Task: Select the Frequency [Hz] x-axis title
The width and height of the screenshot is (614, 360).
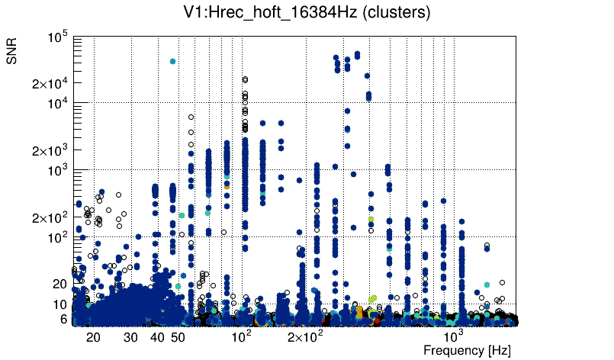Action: [467, 350]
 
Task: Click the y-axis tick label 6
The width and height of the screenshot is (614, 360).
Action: [65, 320]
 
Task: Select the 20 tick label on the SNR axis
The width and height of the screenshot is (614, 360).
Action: [61, 284]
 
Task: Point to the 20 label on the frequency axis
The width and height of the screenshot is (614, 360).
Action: [93, 337]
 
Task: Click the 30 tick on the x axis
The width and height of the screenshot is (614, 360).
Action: [130, 337]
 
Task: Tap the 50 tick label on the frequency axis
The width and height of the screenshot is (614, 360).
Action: [178, 337]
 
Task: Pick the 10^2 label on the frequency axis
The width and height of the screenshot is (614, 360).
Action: [241, 336]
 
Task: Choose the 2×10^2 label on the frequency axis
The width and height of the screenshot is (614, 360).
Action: [304, 336]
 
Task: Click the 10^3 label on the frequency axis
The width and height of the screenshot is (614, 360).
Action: [454, 336]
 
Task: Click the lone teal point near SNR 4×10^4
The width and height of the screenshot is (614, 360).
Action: [173, 61]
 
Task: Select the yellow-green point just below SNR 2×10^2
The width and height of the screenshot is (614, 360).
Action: [371, 220]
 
